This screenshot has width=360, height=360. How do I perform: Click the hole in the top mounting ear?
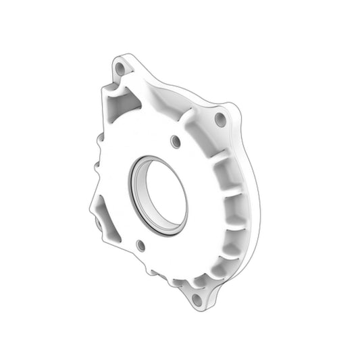120,68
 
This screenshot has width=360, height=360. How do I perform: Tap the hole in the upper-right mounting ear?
220,119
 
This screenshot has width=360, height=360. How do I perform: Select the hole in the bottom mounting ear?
197,298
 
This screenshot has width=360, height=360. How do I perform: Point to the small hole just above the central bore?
175,141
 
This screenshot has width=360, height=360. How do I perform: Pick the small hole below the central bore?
140,245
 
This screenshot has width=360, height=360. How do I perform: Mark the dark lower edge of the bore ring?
162,233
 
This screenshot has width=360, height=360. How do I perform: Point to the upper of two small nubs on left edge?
100,141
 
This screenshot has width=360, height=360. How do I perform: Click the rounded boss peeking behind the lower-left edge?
97,223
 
